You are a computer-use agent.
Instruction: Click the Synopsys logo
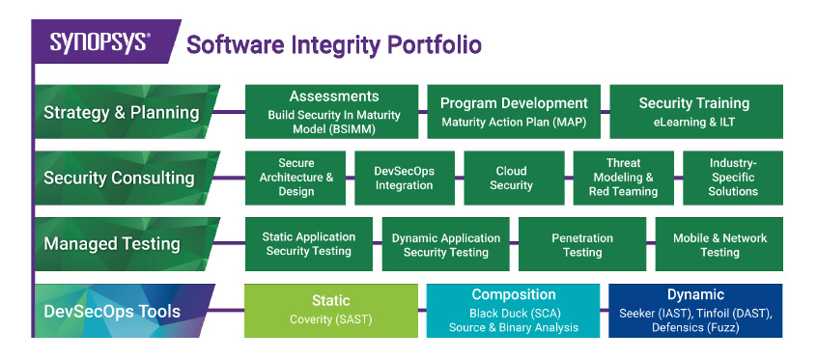pyautogui.click(x=99, y=43)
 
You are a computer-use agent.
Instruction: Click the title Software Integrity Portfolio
pyautogui.click(x=333, y=44)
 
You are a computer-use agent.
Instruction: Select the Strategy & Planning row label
pyautogui.click(x=122, y=112)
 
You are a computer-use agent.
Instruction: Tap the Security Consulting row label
pyautogui.click(x=119, y=178)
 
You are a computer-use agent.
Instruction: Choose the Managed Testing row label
pyautogui.click(x=113, y=244)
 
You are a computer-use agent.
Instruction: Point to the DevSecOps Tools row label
pyautogui.click(x=113, y=311)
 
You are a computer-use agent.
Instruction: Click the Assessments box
pyautogui.click(x=333, y=112)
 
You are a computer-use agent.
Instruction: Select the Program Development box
pyautogui.click(x=514, y=112)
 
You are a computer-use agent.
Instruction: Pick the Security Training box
pyautogui.click(x=694, y=112)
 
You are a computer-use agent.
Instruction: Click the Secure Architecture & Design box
pyautogui.click(x=296, y=178)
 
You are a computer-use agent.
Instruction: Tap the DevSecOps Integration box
pyautogui.click(x=404, y=178)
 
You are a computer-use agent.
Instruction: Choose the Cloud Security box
pyautogui.click(x=511, y=178)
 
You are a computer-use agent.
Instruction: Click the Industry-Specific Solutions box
pyautogui.click(x=732, y=178)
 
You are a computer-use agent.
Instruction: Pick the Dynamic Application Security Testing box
pyautogui.click(x=445, y=244)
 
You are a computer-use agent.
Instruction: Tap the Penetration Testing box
pyautogui.click(x=581, y=244)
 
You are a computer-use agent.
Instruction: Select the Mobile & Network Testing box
pyautogui.click(x=718, y=244)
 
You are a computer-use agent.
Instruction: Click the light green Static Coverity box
pyautogui.click(x=330, y=310)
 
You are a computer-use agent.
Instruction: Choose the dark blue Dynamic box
pyautogui.click(x=694, y=310)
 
